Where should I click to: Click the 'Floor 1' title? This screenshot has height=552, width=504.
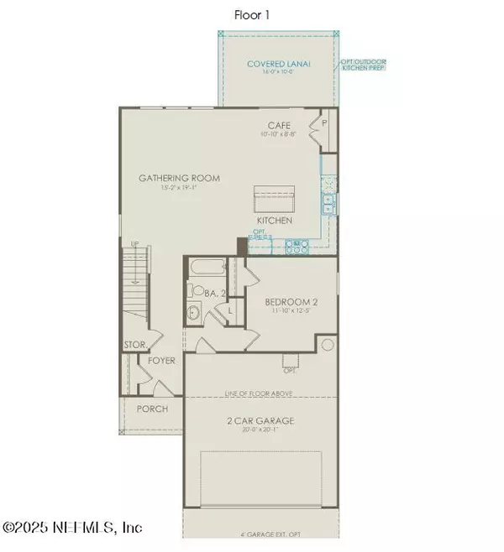253,14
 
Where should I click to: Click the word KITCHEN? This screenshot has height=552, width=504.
275,220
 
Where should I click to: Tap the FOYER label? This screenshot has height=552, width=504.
160,362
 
